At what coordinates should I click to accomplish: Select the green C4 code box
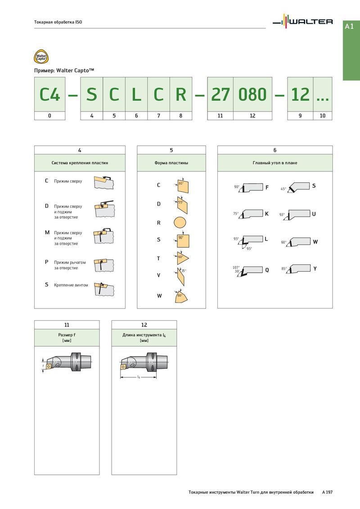tap(49, 94)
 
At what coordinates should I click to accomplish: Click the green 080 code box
tap(252, 94)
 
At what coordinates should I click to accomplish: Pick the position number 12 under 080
tap(252, 116)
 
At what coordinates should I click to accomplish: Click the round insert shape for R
tap(180, 223)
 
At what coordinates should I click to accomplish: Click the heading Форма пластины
tap(171, 163)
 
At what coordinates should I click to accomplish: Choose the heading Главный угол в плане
tap(275, 163)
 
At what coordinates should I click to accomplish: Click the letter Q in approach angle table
tap(267, 270)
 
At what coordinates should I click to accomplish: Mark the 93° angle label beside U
tap(282, 215)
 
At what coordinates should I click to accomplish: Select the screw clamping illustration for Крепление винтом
tap(103, 288)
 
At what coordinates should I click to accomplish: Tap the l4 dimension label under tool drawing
tap(139, 377)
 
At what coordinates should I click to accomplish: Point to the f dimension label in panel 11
tap(43, 366)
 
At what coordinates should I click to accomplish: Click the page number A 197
tap(327, 493)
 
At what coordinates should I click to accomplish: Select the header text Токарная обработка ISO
tap(58, 22)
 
